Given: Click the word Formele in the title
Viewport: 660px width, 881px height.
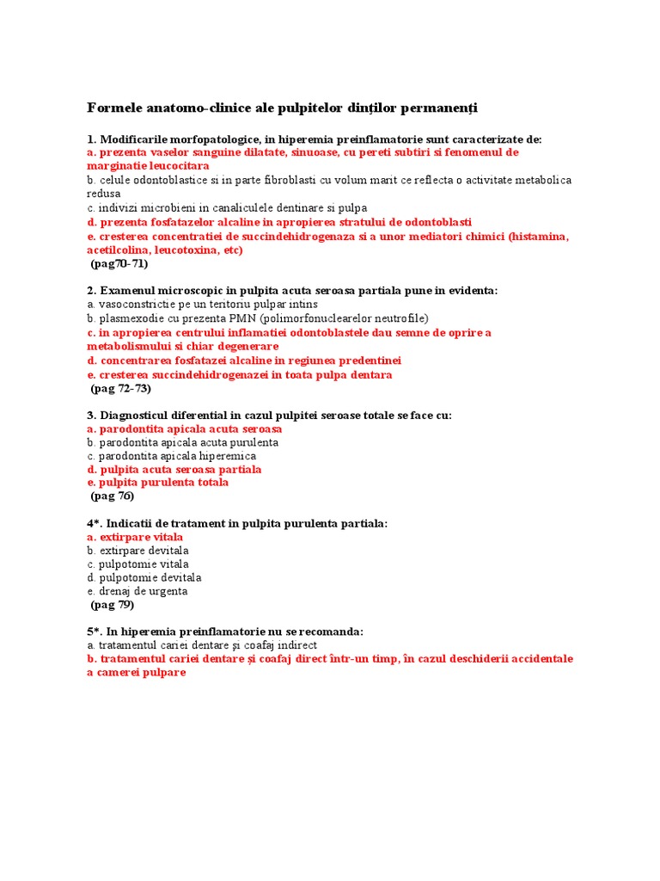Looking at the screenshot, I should (113, 108).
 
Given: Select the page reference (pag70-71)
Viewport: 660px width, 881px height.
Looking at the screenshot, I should (119, 264).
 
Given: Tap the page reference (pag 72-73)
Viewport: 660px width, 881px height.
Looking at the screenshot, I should (121, 389).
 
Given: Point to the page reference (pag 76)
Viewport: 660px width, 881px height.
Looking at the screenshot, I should (113, 496).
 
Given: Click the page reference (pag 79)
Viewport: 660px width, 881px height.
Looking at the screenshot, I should (113, 605).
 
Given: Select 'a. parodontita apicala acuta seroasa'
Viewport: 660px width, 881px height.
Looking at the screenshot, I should (185, 429).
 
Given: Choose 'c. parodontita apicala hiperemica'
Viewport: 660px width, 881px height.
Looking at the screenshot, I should (171, 456).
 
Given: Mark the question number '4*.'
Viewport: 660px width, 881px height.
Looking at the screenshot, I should (95, 524).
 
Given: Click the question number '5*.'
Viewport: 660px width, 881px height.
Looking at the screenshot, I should (95, 631).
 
